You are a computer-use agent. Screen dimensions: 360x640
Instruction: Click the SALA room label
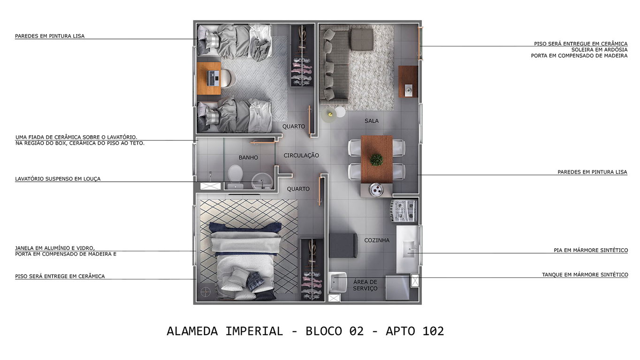(371, 121)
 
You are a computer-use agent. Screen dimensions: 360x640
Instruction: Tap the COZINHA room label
(377, 240)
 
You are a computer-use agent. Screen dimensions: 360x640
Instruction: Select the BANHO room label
(248, 158)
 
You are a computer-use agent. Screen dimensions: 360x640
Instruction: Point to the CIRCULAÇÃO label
(301, 155)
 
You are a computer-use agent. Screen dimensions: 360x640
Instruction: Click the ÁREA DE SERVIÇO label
(365, 285)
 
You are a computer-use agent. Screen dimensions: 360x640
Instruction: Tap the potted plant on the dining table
(376, 160)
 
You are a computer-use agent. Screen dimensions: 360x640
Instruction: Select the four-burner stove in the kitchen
(404, 211)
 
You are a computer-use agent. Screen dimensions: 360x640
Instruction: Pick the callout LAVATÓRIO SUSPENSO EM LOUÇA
(58, 179)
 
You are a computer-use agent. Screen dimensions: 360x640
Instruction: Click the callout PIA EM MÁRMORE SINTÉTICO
(590, 251)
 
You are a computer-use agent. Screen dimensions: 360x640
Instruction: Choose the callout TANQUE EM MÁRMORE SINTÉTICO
(585, 275)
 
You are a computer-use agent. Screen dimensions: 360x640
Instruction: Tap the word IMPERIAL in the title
(254, 331)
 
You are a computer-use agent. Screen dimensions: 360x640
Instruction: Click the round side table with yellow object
(329, 115)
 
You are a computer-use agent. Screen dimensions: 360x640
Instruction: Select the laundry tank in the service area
(337, 282)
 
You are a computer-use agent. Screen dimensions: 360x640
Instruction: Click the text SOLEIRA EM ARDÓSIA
(599, 50)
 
